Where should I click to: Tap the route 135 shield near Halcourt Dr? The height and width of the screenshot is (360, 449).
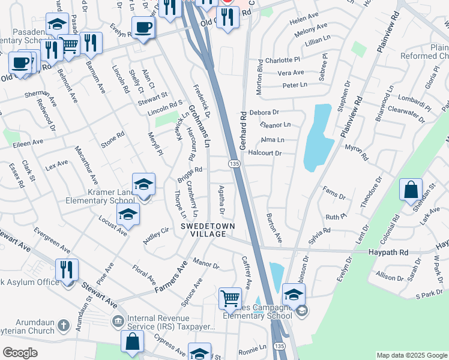point(234,164)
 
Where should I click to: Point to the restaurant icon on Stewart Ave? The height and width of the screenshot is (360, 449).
point(67,269)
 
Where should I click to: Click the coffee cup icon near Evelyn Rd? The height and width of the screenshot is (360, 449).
point(144,28)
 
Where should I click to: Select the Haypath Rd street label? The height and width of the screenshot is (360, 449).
point(388,253)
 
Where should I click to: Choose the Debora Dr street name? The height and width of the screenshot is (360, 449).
point(265,112)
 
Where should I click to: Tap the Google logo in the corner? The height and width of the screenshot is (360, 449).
point(20,353)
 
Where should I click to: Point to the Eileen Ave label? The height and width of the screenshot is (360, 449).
point(29,143)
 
